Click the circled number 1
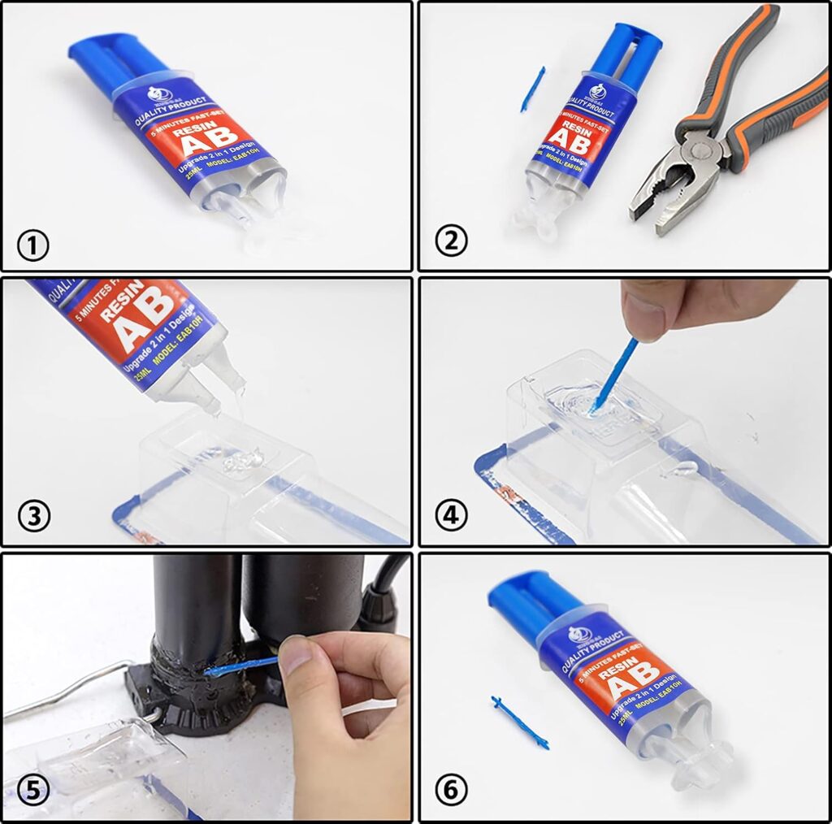tap(33, 245)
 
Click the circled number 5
tap(33, 790)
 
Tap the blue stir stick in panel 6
tap(519, 722)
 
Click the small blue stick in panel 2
tap(532, 89)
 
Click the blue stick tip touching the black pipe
tap(214, 671)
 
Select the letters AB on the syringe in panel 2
tap(567, 140)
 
